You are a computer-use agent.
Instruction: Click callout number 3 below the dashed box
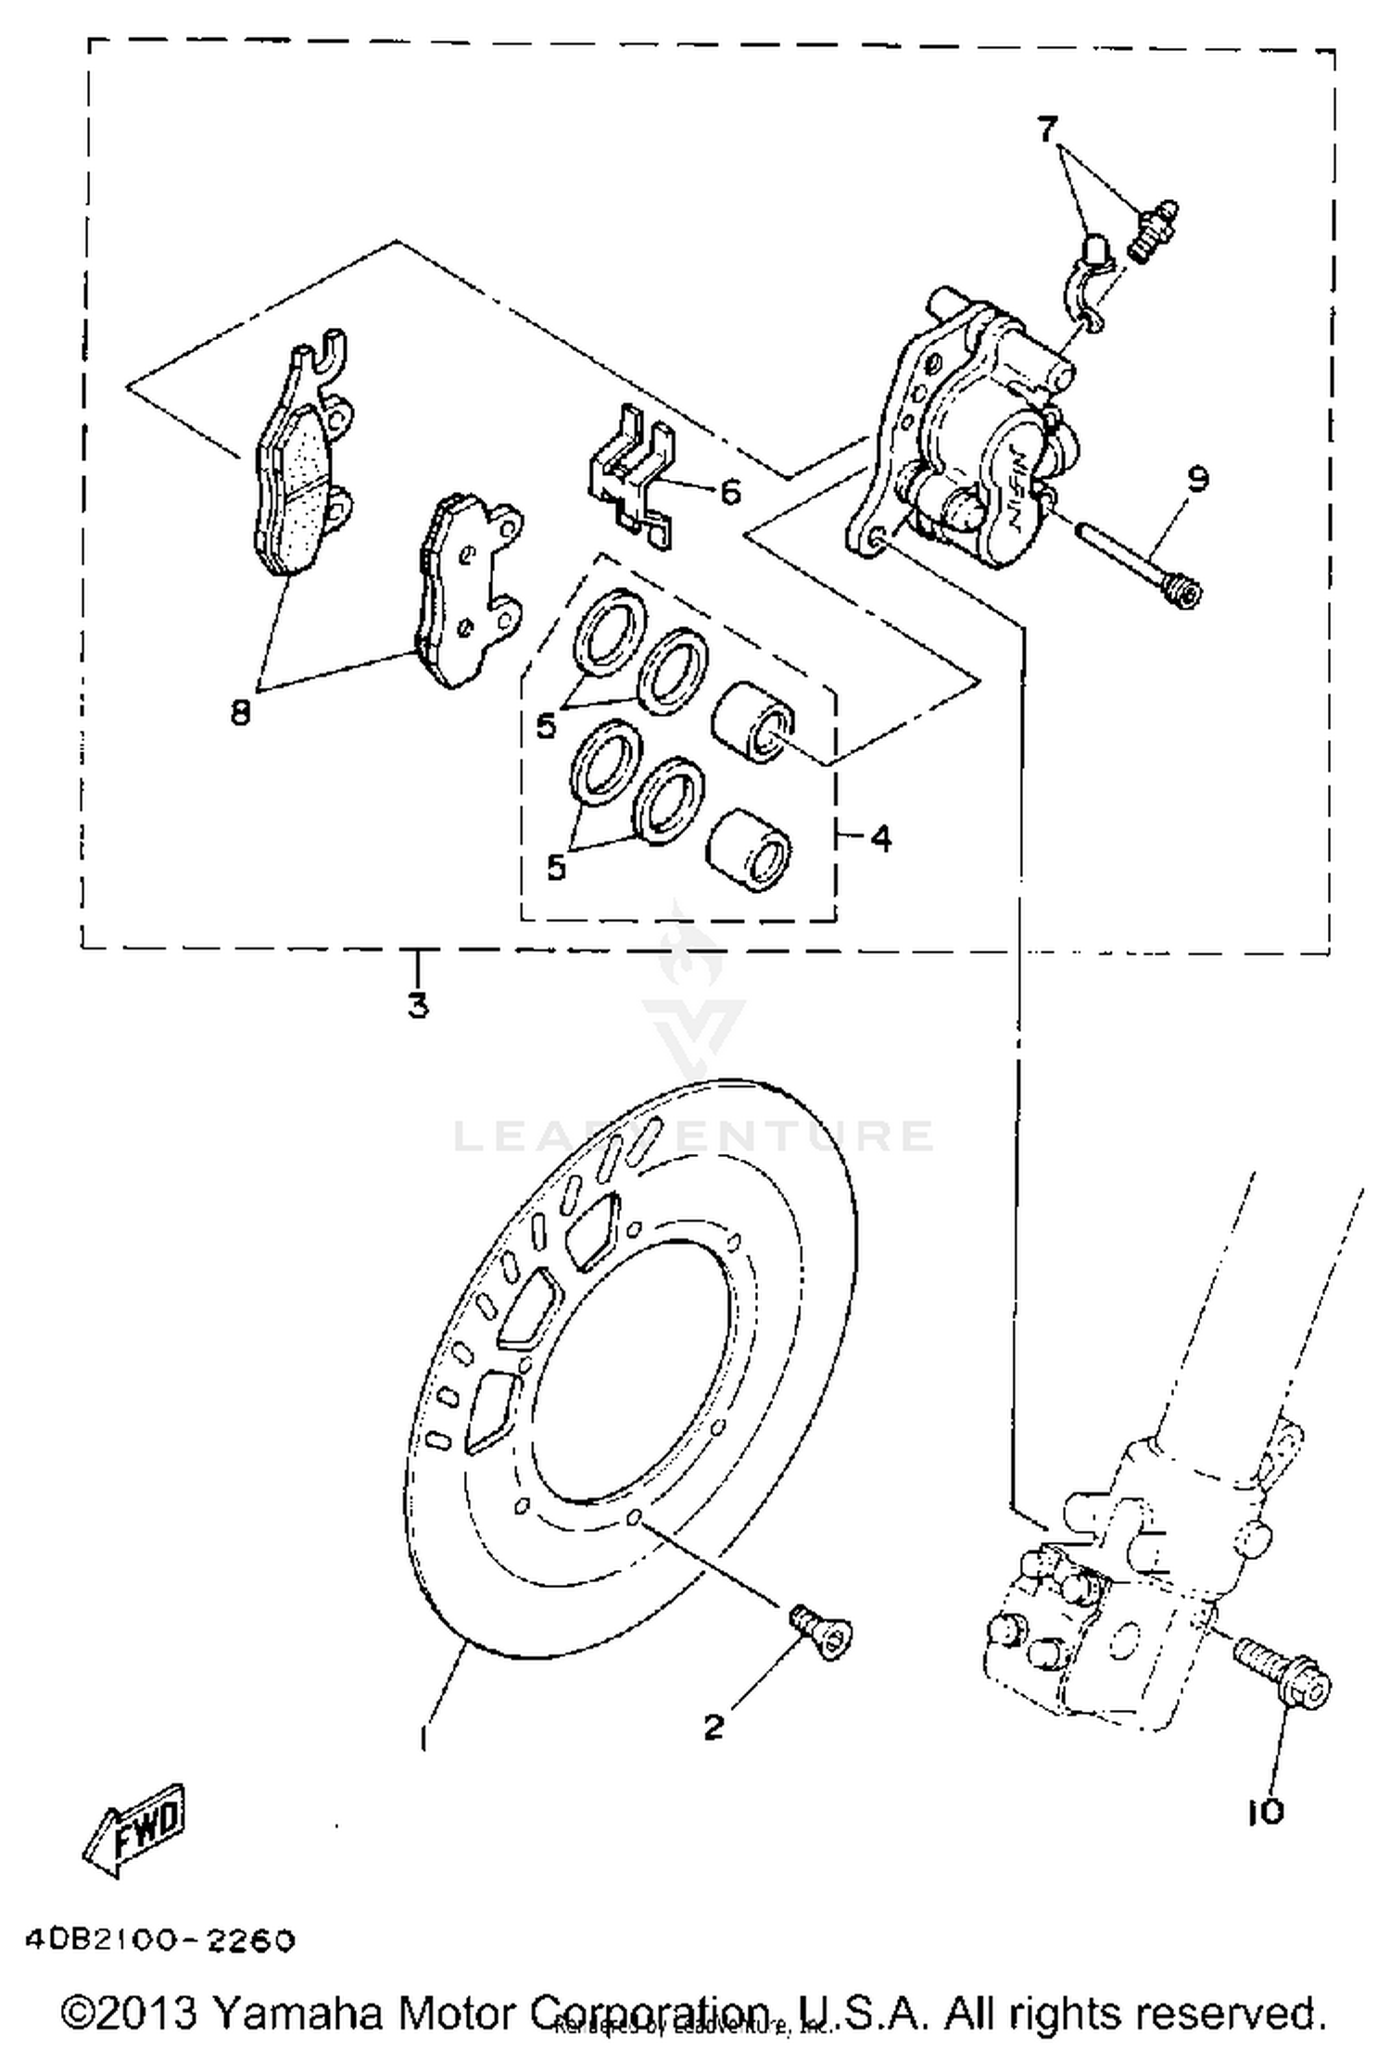coord(418,1005)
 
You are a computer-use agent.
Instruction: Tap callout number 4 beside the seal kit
coord(880,838)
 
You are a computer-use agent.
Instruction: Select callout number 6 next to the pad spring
coord(730,493)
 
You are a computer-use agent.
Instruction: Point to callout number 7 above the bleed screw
coord(1047,131)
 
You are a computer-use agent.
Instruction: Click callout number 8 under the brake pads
coord(240,712)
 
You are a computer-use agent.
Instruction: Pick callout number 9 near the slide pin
coord(1197,479)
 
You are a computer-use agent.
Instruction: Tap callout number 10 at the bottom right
coord(1266,1812)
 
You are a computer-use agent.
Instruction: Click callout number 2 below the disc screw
coord(713,1727)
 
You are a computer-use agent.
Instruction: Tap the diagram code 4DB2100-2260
coord(159,1939)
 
